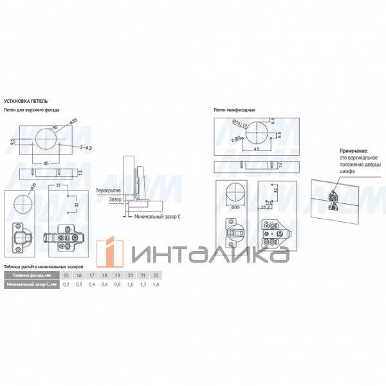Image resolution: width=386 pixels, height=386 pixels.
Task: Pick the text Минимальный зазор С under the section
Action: point(158,217)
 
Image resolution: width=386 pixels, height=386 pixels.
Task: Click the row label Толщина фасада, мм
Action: point(31,275)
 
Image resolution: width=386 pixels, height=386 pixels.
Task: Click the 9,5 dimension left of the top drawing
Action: point(14,142)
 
